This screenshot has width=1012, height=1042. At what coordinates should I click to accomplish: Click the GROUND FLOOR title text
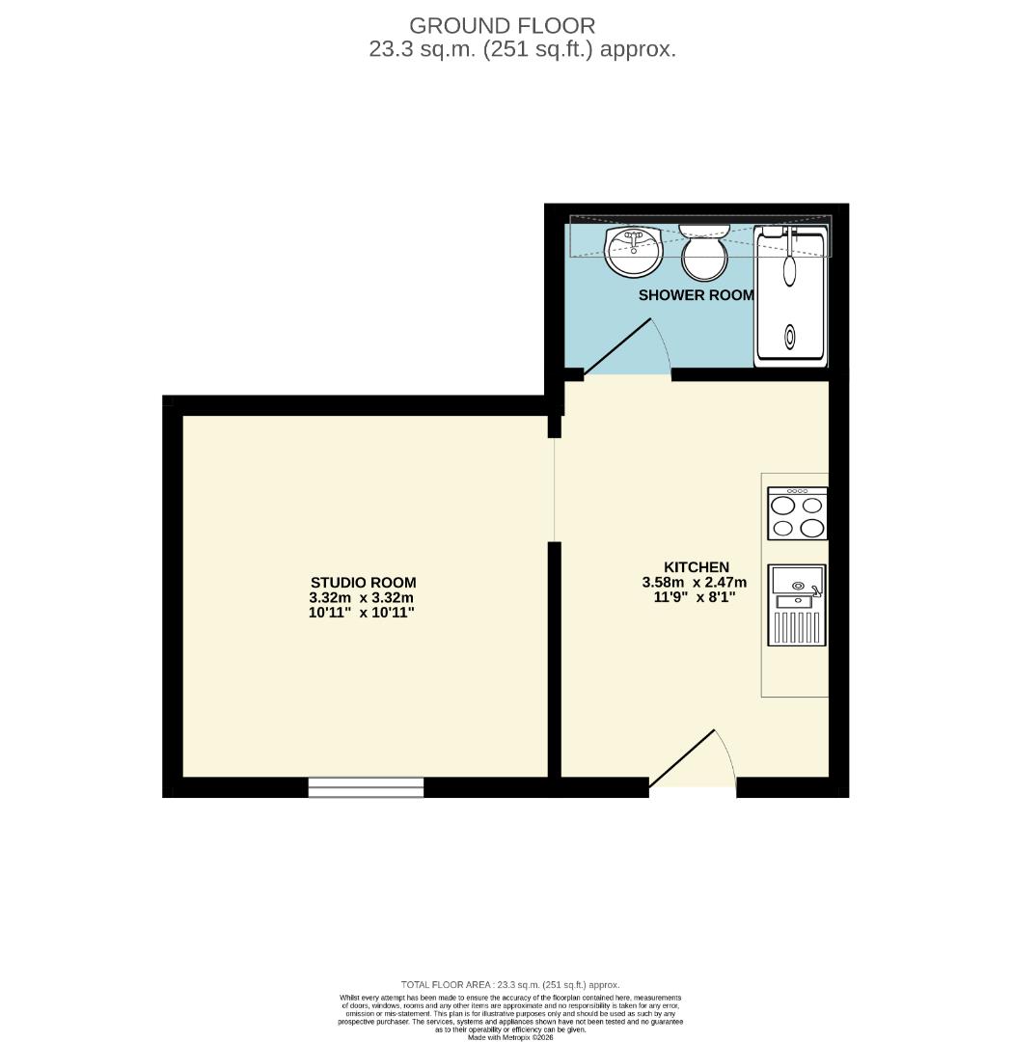[502, 26]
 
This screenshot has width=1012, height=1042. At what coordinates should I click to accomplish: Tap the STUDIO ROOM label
[363, 583]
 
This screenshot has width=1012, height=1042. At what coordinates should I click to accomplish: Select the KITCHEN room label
[696, 567]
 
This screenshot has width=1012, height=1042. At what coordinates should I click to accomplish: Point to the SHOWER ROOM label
[696, 295]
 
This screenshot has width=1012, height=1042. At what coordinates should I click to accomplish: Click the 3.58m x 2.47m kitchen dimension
[696, 582]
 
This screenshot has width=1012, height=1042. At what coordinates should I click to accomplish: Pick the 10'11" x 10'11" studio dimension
[363, 613]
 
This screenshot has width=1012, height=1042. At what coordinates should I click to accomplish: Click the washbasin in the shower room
[633, 251]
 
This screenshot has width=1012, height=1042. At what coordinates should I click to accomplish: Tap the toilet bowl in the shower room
[704, 256]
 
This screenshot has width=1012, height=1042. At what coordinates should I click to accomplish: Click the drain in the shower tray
[790, 337]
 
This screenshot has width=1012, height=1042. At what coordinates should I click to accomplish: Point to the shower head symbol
[789, 270]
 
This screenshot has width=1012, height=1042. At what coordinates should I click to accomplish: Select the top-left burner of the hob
[782, 506]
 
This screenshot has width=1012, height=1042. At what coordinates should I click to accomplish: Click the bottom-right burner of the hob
[812, 528]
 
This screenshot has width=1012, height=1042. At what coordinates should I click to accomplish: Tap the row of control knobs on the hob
[797, 492]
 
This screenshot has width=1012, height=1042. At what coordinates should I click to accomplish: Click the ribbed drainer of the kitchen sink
[796, 627]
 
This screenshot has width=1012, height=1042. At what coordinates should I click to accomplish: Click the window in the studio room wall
[366, 787]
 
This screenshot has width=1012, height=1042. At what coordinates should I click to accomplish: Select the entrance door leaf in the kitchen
[682, 758]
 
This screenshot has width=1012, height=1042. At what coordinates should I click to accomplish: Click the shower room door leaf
[619, 346]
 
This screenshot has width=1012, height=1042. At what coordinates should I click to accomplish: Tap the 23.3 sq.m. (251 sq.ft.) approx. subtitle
[522, 49]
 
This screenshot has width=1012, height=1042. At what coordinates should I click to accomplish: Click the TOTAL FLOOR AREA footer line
[510, 984]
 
